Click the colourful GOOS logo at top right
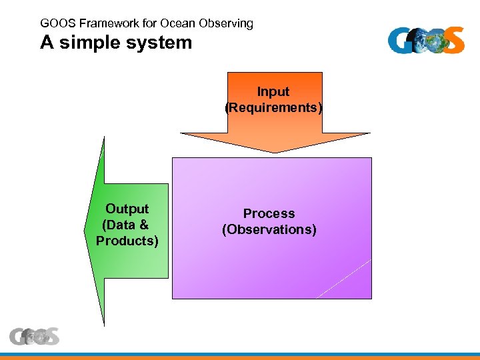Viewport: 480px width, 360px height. pyautogui.click(x=426, y=40)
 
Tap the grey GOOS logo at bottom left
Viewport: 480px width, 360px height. pyautogui.click(x=34, y=337)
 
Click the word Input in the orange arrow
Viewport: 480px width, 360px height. pyautogui.click(x=273, y=92)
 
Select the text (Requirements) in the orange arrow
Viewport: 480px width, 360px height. pyautogui.click(x=274, y=107)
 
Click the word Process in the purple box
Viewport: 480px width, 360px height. pyautogui.click(x=269, y=213)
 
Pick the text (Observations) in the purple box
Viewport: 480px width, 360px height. pyautogui.click(x=269, y=229)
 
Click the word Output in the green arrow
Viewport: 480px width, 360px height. pyautogui.click(x=127, y=209)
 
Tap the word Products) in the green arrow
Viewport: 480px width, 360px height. pyautogui.click(x=127, y=241)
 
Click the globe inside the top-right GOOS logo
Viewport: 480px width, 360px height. pyautogui.click(x=434, y=40)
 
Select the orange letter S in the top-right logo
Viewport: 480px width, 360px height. pyautogui.click(x=453, y=40)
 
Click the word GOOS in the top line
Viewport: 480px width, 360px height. pyautogui.click(x=58, y=23)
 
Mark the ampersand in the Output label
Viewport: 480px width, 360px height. pyautogui.click(x=144, y=225)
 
